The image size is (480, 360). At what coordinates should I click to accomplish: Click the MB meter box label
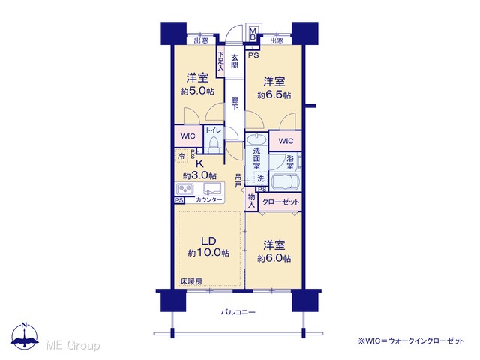pos(253,34)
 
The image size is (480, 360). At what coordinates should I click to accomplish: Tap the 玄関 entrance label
pos(235,61)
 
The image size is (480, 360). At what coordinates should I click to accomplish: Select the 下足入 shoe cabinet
pos(221,61)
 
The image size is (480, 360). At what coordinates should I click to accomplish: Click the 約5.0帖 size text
pos(197,91)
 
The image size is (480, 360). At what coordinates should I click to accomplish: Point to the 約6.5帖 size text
pos(274,95)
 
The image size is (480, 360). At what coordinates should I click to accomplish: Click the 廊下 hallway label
pos(235,103)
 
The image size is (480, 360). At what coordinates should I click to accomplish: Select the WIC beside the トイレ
pos(188,136)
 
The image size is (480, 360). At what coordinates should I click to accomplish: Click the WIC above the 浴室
pos(286,141)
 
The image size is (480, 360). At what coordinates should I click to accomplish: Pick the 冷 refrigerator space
pos(181,155)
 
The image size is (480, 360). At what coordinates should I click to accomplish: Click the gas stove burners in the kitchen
pos(184,188)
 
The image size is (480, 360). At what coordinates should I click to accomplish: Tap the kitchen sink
pos(213,188)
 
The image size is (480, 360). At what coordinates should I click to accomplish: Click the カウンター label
pos(208,200)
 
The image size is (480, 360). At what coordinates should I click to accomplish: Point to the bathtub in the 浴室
pos(285,183)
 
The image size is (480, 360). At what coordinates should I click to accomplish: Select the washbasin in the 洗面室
pos(256,140)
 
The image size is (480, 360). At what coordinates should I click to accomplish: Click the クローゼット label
pos(280,202)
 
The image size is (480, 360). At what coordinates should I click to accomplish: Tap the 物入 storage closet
pos(252,201)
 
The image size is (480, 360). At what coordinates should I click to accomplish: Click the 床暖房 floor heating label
pos(191,281)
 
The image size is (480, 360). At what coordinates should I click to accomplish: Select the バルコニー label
pos(238,312)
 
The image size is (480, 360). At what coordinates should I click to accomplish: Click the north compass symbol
pos(25,335)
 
